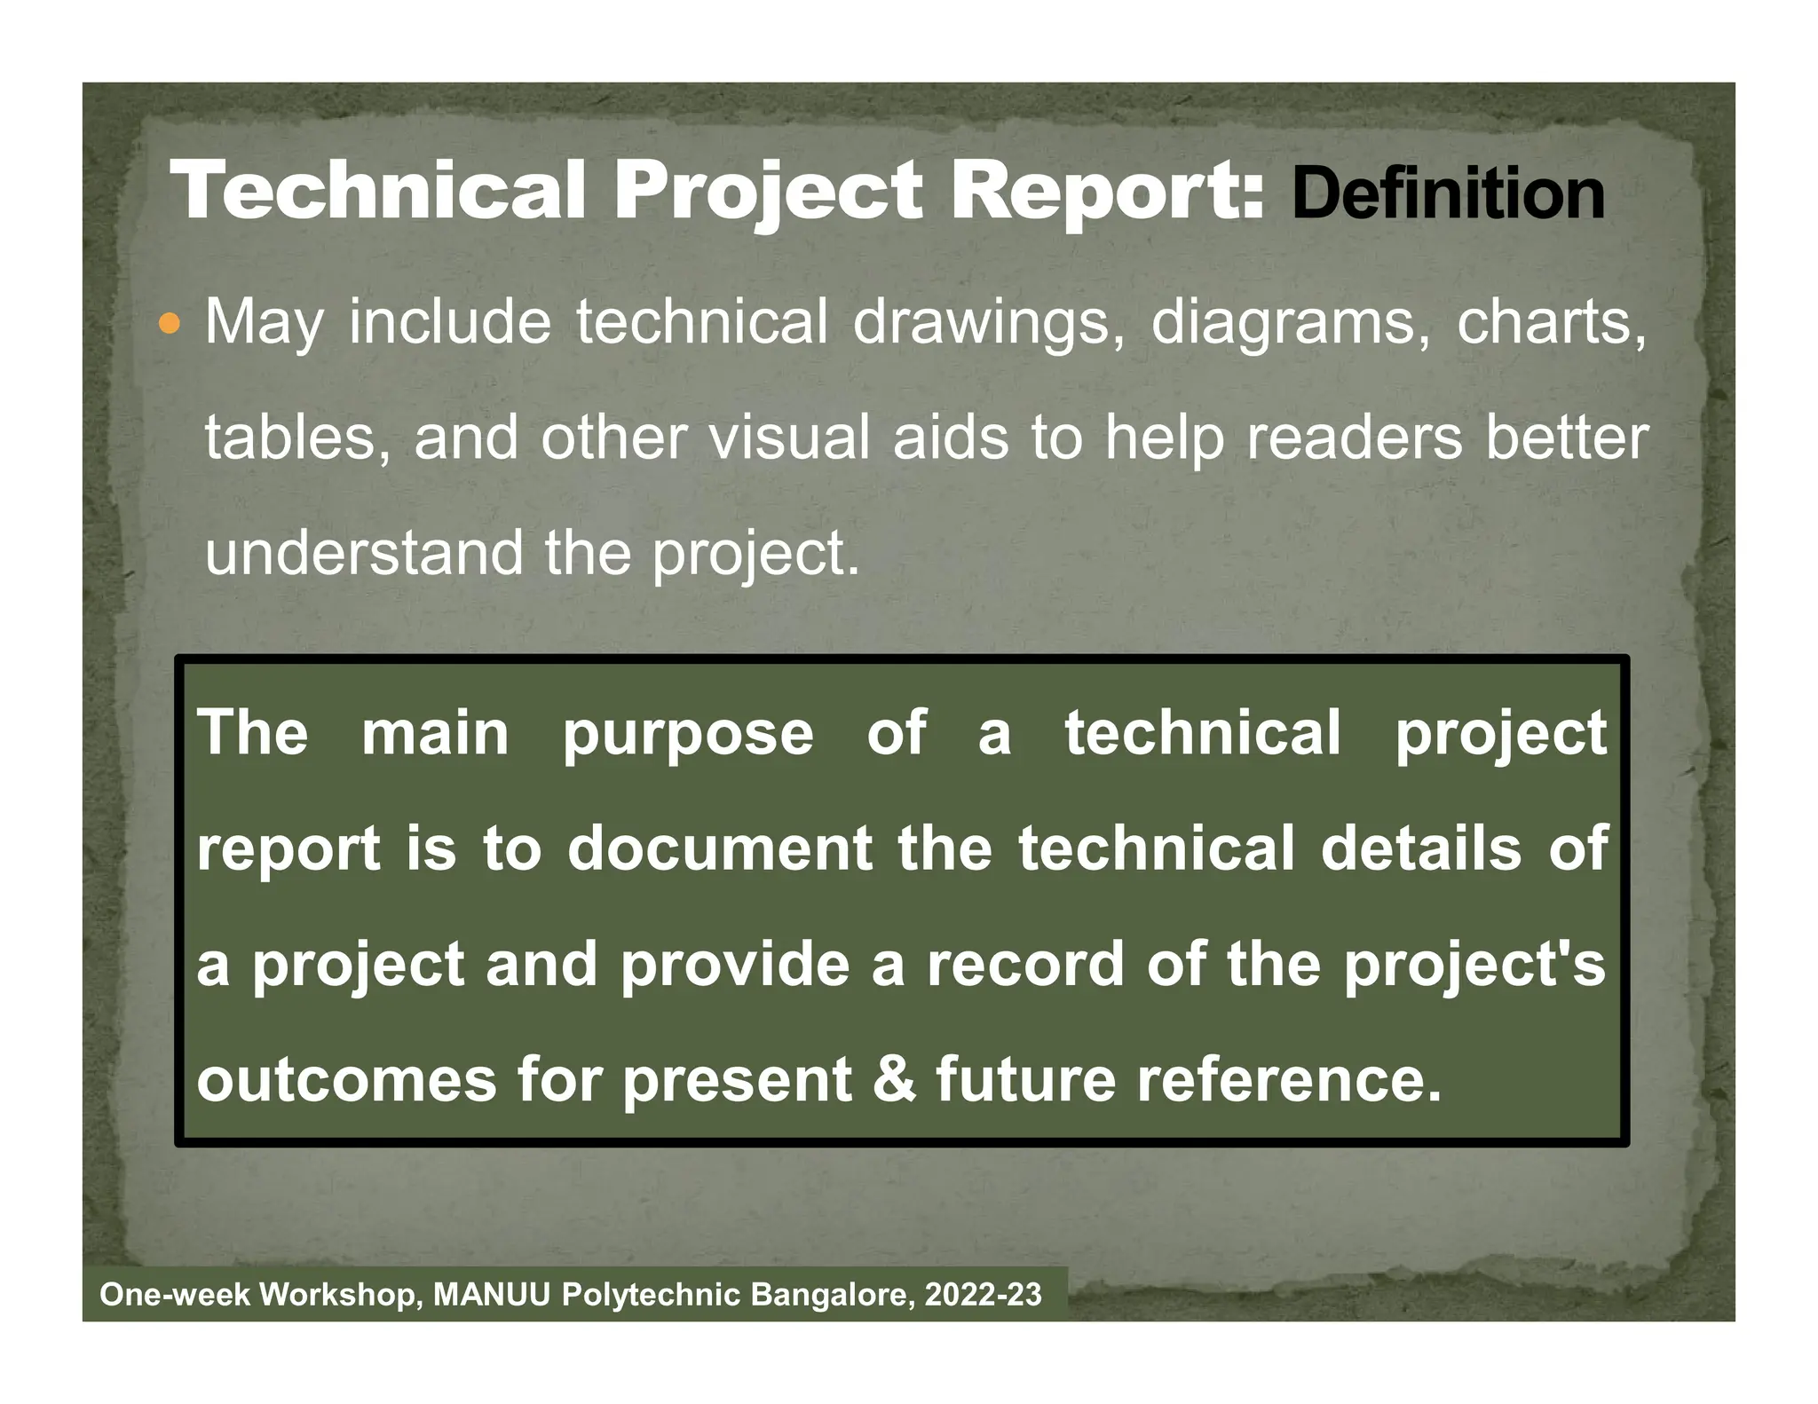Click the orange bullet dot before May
(x=168, y=325)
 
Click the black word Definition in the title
(x=1448, y=194)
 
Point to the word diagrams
(x=1292, y=325)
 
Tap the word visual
(x=789, y=438)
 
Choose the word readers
(x=1355, y=438)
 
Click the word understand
(x=365, y=553)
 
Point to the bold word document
(x=720, y=848)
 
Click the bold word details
(x=1421, y=848)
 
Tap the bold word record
(x=1026, y=965)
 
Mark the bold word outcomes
(x=346, y=1080)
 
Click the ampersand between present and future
(x=894, y=1080)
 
